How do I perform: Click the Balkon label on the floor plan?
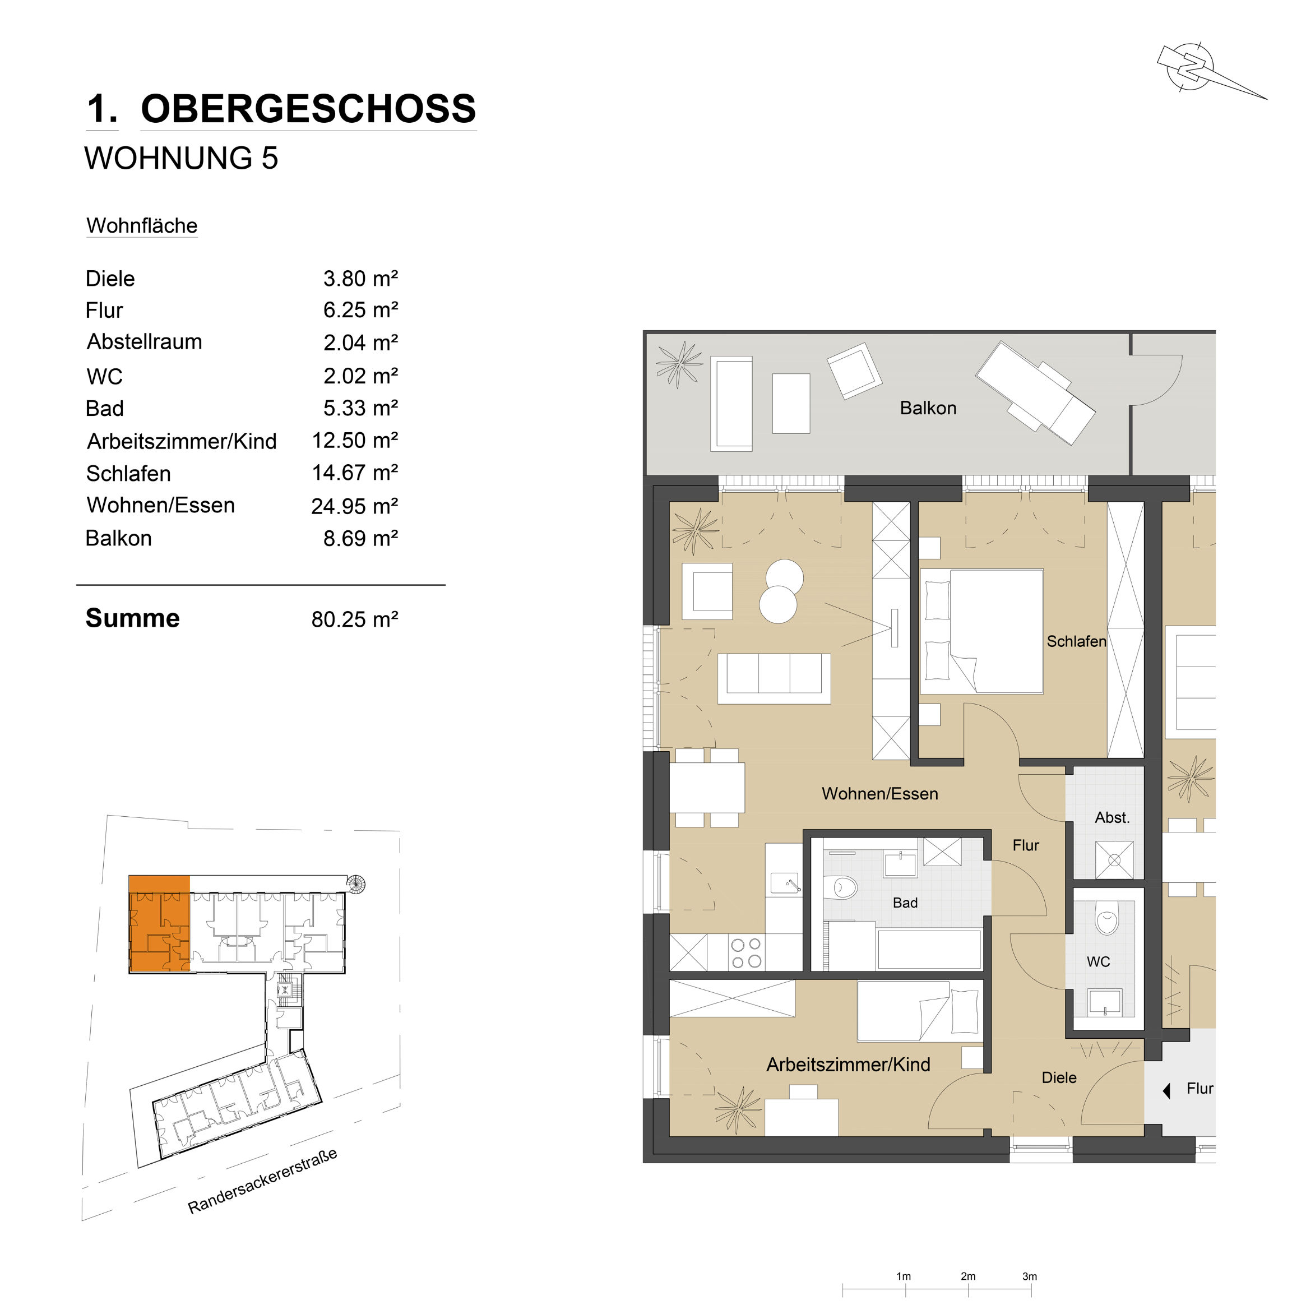click(x=928, y=408)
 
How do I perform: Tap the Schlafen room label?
click(x=1076, y=641)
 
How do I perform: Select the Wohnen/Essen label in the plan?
click(x=879, y=794)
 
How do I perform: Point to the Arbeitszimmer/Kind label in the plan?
click(x=848, y=1065)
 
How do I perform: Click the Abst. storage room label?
click(x=1112, y=817)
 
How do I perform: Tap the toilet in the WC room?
click(x=1106, y=918)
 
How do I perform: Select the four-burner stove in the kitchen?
click(x=746, y=952)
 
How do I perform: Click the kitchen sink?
click(x=785, y=883)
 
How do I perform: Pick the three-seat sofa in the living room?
click(x=774, y=678)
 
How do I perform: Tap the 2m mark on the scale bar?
click(x=968, y=1290)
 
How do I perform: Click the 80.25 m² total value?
click(x=354, y=619)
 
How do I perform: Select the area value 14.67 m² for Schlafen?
click(x=354, y=473)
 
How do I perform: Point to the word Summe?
click(x=133, y=618)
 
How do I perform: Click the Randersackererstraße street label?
click(x=262, y=1181)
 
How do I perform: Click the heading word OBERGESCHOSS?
click(x=308, y=109)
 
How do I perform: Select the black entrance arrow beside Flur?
click(x=1166, y=1091)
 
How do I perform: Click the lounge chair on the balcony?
click(x=1035, y=393)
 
